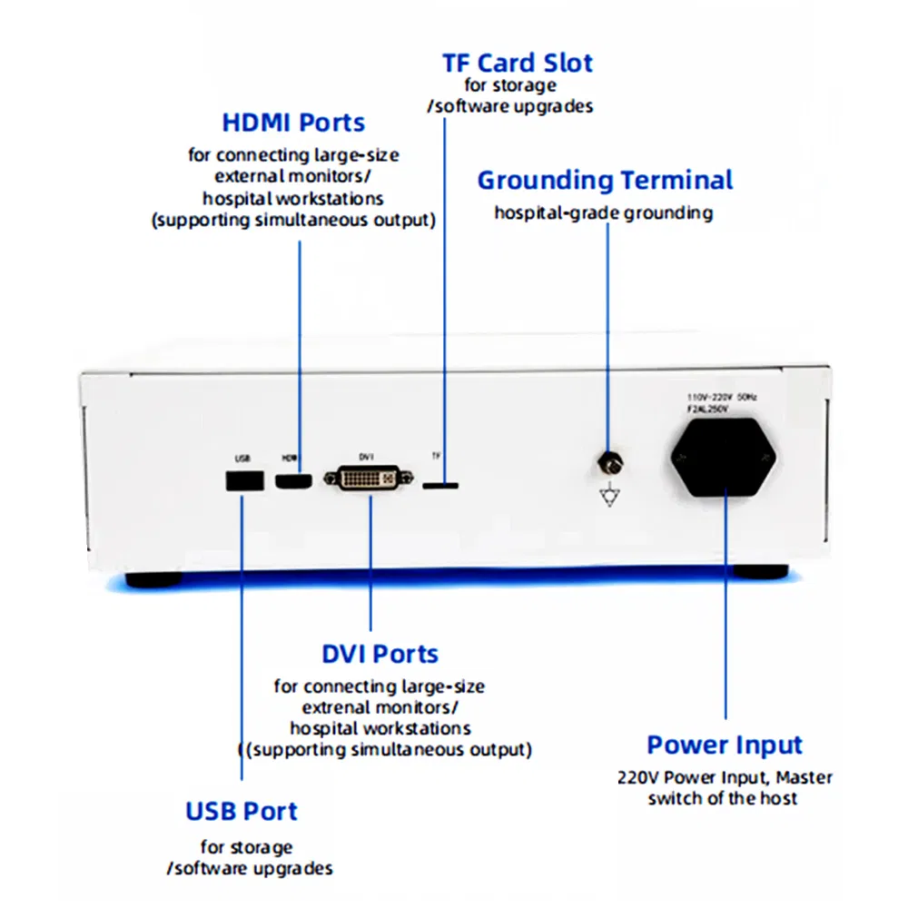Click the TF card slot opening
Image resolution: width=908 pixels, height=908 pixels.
[440, 485]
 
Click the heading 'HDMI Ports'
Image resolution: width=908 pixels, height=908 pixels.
[293, 123]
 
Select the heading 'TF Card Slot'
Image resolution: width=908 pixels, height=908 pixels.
[517, 64]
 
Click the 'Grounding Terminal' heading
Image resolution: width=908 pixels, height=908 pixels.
[605, 180]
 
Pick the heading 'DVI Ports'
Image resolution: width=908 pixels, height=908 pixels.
[380, 654]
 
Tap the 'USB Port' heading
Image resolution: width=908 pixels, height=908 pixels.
[242, 811]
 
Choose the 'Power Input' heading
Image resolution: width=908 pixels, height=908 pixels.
[725, 745]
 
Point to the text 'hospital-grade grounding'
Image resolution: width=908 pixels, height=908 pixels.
[603, 213]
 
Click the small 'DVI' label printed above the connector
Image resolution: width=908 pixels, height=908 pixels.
[366, 457]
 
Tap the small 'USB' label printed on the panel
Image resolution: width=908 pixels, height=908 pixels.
[242, 457]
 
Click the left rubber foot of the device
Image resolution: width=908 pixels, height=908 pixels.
[152, 577]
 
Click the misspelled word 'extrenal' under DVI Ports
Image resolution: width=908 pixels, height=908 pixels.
[337, 707]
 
